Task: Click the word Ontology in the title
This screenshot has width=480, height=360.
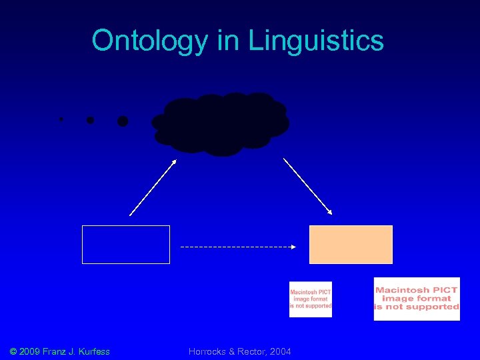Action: tap(151, 41)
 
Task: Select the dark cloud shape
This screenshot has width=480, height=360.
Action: tap(221, 124)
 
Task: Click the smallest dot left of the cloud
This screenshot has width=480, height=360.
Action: tap(61, 119)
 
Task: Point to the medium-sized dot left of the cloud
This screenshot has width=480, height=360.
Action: tap(90, 121)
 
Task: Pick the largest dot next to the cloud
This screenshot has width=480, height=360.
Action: tap(123, 121)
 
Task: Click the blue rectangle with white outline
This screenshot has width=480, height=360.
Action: tap(126, 245)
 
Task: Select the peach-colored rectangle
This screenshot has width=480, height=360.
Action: tap(351, 245)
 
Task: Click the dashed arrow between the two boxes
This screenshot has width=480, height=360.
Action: tap(238, 247)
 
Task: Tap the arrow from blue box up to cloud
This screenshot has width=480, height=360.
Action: tap(153, 187)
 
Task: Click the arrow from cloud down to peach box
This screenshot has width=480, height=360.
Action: tap(308, 186)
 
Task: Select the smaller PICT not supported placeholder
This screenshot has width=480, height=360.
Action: tap(310, 299)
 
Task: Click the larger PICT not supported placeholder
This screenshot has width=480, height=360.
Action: tap(417, 299)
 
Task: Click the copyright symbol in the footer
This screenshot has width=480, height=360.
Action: tap(13, 351)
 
